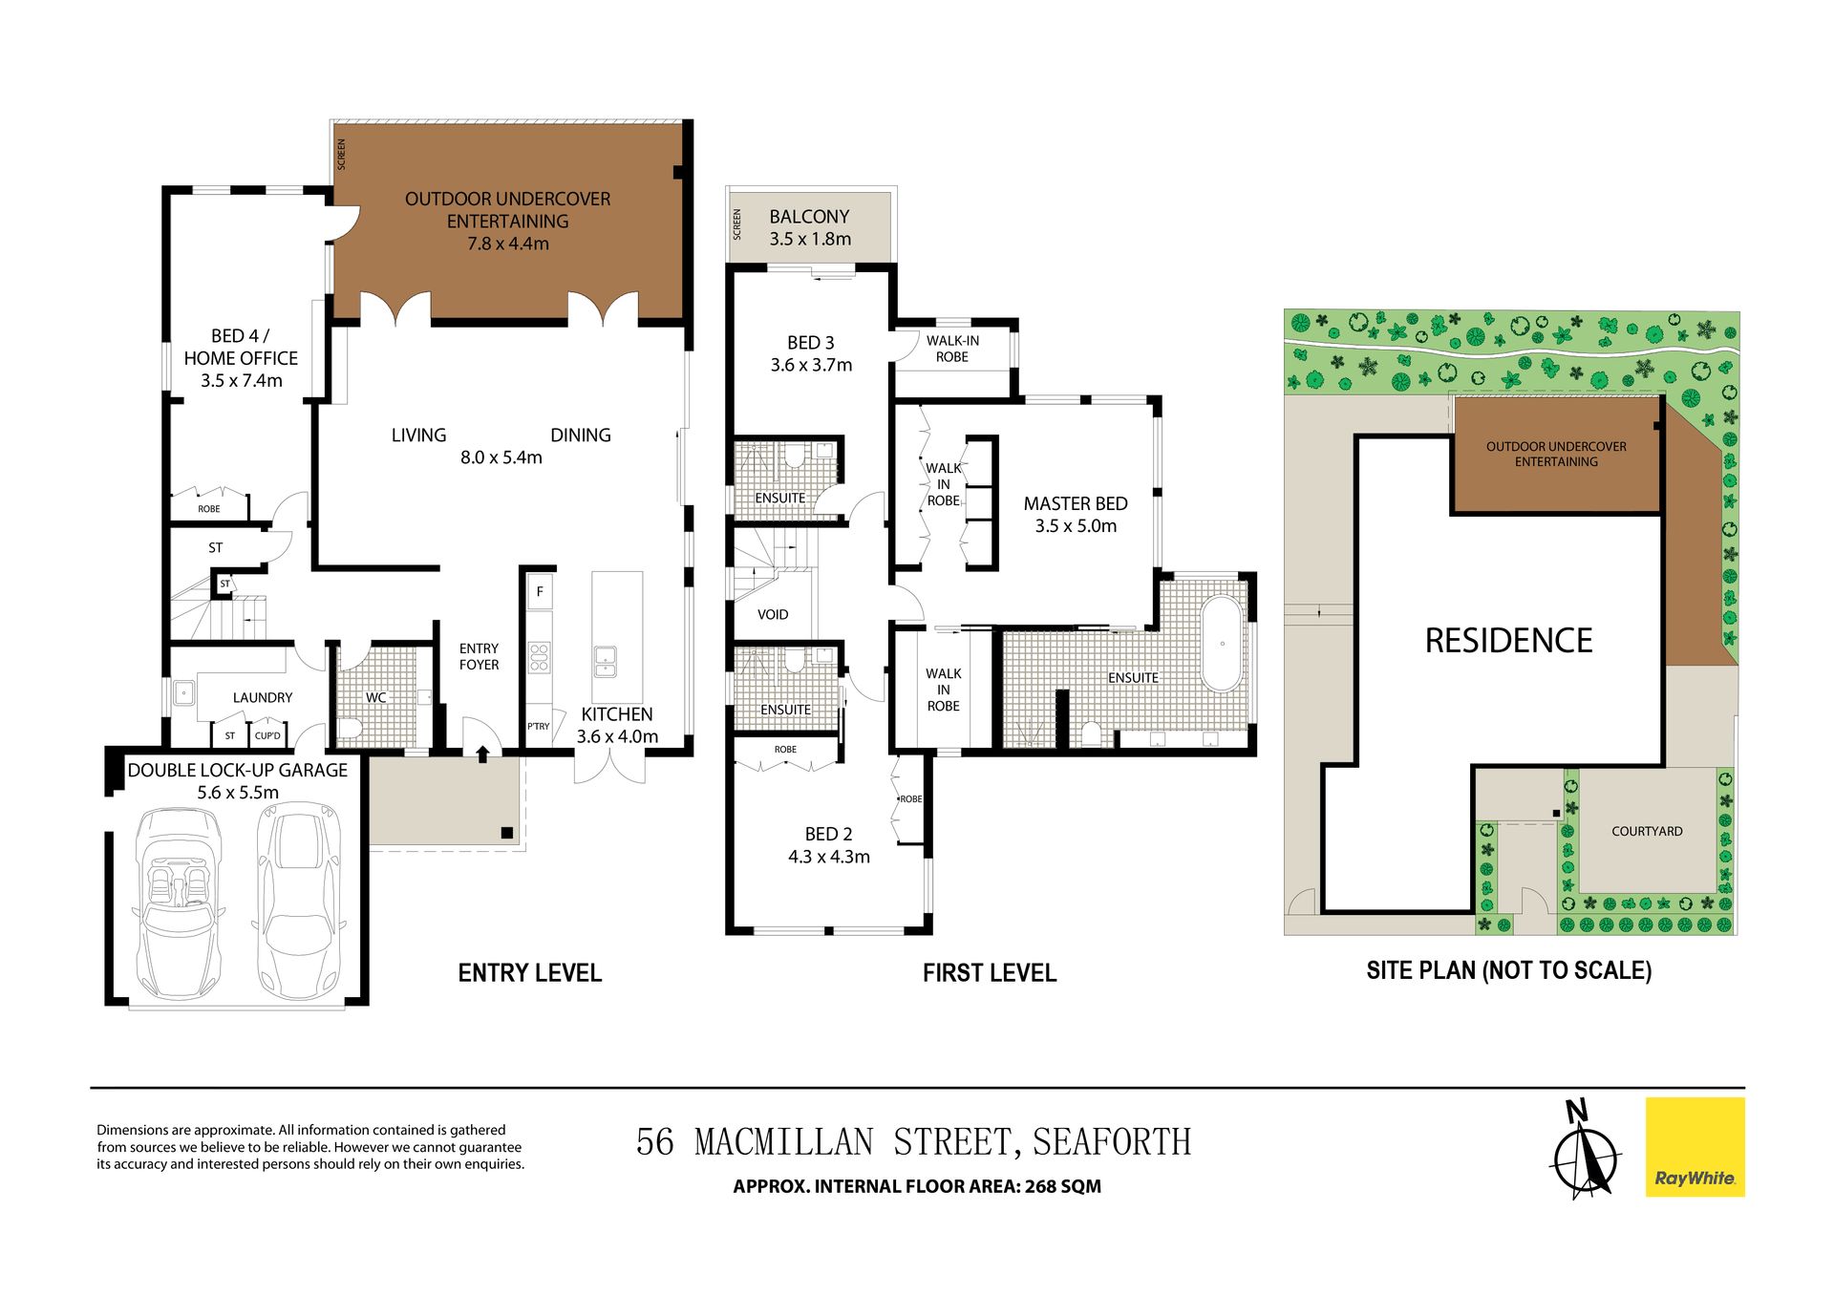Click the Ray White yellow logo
(1695, 1146)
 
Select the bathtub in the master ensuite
(1222, 643)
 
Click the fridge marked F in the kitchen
(540, 592)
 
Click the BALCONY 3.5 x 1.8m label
(810, 227)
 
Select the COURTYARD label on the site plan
(1647, 831)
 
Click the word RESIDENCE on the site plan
(1509, 640)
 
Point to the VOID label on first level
(773, 614)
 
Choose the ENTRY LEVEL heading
(530, 973)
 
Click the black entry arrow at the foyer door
(482, 754)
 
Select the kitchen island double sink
(605, 661)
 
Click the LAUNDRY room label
(263, 698)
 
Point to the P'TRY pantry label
(539, 727)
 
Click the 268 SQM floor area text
(1063, 1186)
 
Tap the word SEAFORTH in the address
(1112, 1142)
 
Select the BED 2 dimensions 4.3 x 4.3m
(829, 857)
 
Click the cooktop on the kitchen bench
(540, 657)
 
